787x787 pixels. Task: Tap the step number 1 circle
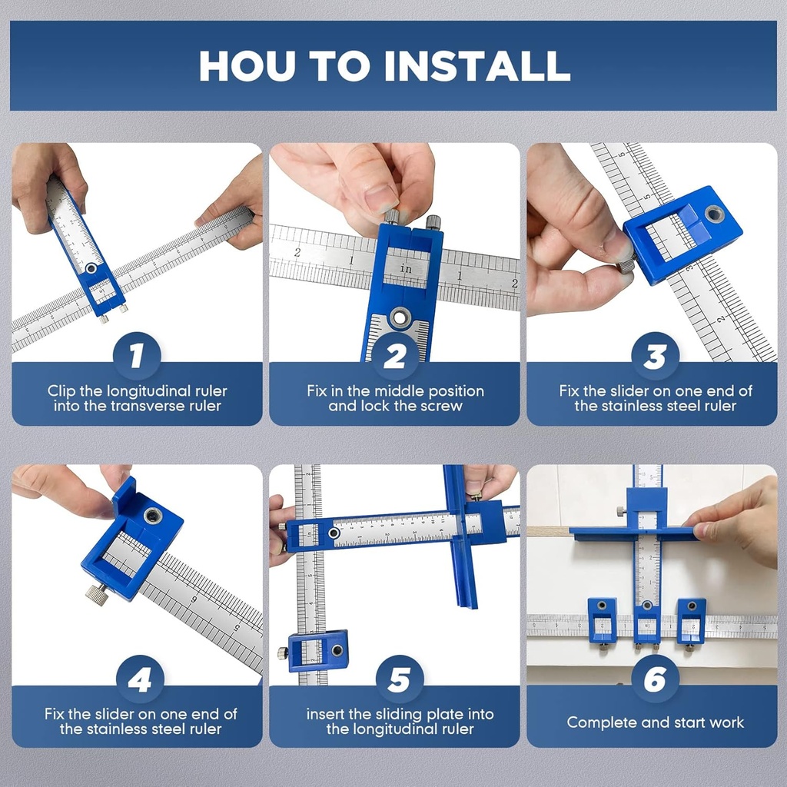137,356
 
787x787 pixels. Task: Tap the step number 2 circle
394,356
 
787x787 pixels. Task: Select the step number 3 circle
655,356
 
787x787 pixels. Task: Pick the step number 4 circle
138,679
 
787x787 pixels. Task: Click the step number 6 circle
655,679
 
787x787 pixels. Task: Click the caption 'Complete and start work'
655,722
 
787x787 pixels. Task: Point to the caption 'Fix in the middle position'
395,390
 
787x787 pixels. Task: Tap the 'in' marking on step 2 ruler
406,269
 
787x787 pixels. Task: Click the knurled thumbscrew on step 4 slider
97,593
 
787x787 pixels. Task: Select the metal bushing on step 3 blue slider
714,214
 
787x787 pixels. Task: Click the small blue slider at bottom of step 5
317,650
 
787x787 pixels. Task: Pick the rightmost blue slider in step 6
691,620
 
